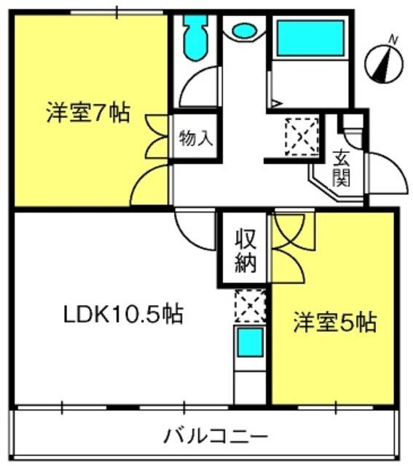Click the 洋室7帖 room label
coord(88,112)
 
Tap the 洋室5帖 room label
coord(335,322)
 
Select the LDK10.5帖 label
coord(123,314)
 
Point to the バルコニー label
coord(216,436)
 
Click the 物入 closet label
coord(196,138)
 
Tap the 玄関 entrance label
coord(341,169)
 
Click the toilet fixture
coord(195,37)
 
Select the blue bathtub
coord(310,38)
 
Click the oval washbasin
coord(245,31)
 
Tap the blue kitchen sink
coord(250,343)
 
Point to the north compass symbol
coord(384,64)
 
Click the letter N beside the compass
coord(393,40)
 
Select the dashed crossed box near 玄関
coord(302,137)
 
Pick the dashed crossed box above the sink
coord(250,306)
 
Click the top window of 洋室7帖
coord(117,13)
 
